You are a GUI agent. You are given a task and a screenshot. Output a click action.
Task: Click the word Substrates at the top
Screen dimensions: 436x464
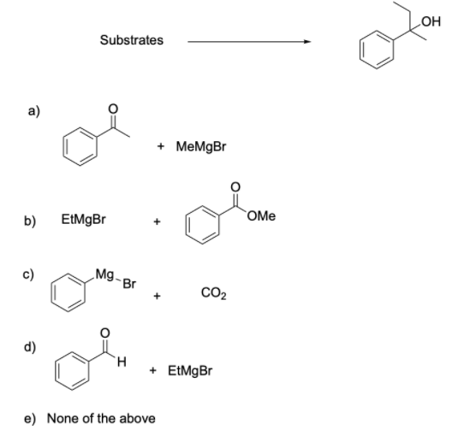click(x=131, y=39)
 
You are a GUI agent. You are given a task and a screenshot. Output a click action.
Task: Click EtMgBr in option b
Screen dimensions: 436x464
click(x=84, y=220)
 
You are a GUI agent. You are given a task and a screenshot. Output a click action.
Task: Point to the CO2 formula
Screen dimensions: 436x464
click(x=214, y=296)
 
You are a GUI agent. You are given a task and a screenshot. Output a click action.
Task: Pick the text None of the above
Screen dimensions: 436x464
click(x=101, y=417)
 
